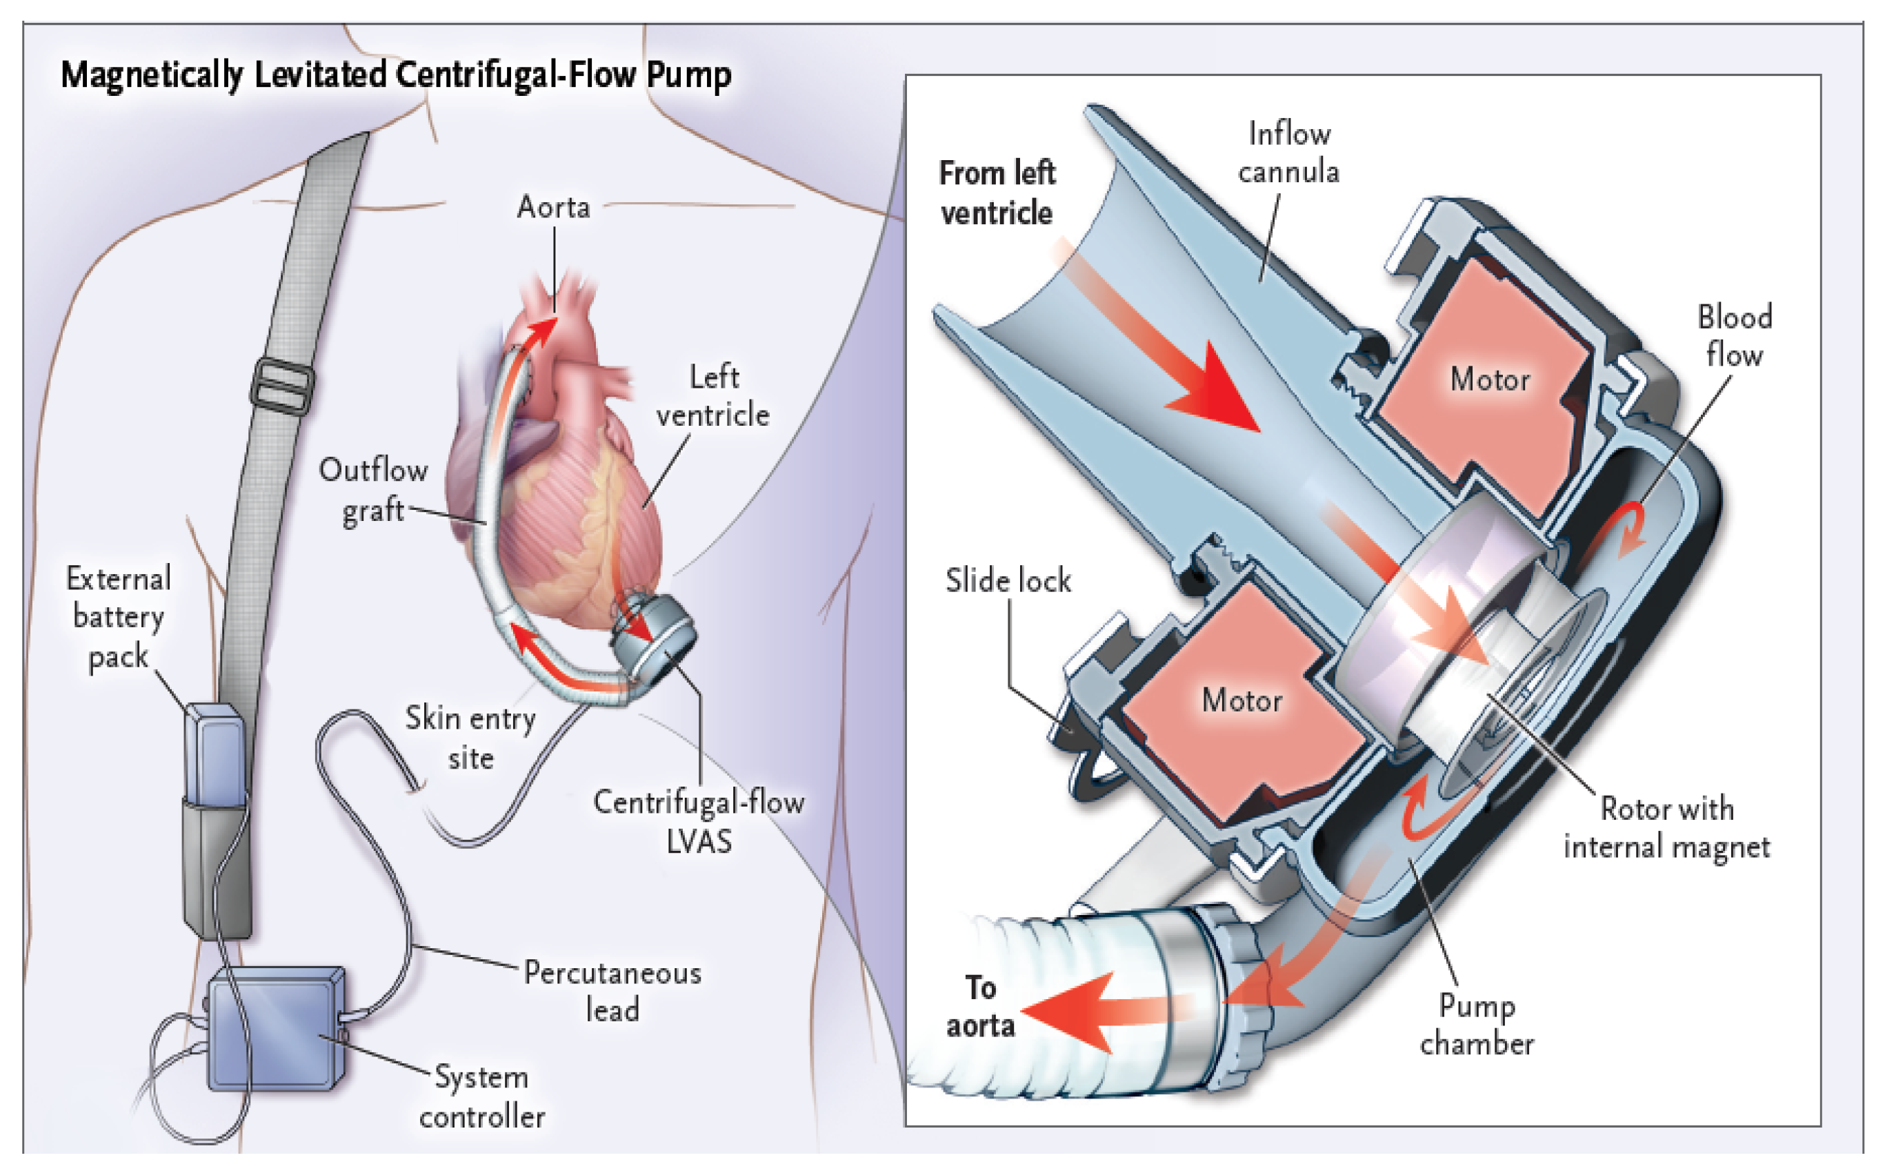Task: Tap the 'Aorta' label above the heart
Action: coord(554,208)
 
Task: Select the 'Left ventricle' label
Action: coord(713,397)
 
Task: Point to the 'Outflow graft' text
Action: coord(373,490)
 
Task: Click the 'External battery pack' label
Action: coord(119,618)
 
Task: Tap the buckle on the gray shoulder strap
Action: coord(283,385)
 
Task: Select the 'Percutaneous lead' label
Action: coord(612,992)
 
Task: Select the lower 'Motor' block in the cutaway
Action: coord(1241,700)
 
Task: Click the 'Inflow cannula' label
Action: coord(1289,152)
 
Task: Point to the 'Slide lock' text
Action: coord(1008,581)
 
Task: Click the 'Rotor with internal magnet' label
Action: coord(1666,828)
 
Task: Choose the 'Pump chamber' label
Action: coord(1476,1025)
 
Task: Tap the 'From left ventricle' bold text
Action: coord(997,193)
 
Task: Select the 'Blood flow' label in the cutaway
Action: coord(1734,336)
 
